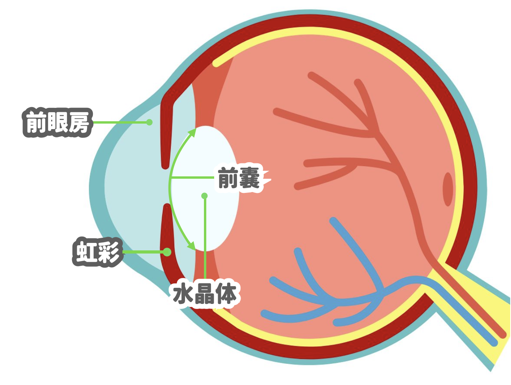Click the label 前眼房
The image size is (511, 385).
coord(57,122)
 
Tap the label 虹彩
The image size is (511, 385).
coord(98,252)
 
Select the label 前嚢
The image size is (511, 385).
coord(239,178)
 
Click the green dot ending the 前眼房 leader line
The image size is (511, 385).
coord(150,122)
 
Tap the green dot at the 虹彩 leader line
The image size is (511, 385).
coord(167,252)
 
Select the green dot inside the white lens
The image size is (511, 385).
coord(204,196)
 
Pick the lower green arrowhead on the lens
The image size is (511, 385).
coord(192,246)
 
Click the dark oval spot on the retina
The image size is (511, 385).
coord(448,189)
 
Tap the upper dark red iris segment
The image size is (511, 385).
coord(167,133)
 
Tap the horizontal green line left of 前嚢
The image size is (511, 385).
coord(193,178)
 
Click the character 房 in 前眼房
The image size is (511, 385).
coord(79,122)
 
